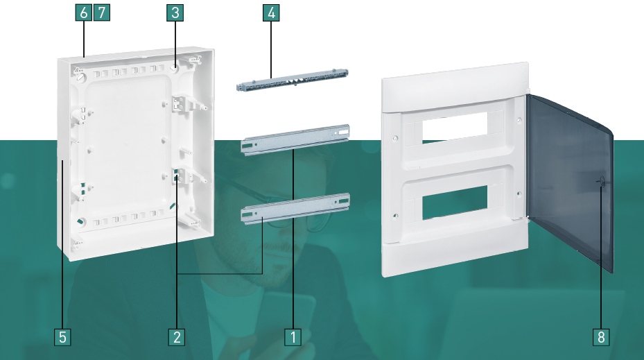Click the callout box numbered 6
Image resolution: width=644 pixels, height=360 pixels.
click(83, 12)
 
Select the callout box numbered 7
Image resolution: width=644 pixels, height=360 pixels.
click(102, 12)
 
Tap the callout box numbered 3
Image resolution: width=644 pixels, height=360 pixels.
click(175, 12)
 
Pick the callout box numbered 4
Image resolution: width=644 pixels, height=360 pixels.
click(271, 12)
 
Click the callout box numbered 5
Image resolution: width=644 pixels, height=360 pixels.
click(62, 337)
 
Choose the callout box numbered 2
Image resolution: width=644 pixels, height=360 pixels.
click(177, 337)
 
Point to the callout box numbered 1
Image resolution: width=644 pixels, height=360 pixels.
click(293, 337)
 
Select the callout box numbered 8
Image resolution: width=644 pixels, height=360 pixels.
click(601, 337)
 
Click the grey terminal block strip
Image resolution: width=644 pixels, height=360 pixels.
click(293, 80)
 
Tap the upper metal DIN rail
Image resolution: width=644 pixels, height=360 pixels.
click(295, 139)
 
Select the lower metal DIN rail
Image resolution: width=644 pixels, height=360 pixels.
click(295, 209)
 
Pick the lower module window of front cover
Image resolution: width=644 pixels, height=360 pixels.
click(455, 201)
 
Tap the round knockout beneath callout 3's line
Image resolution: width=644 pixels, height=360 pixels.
click(174, 69)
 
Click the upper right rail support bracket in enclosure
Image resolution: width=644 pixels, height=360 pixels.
click(188, 103)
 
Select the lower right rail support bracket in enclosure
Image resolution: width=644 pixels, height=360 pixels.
click(188, 175)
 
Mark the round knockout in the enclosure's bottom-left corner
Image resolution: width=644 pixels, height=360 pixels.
click(81, 221)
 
